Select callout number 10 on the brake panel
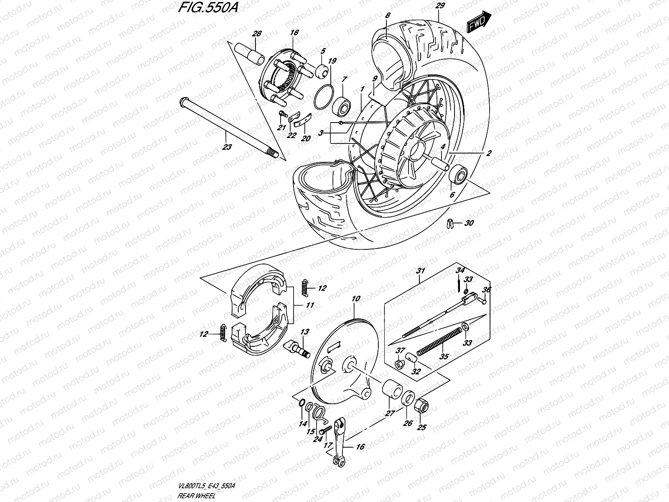tap(356, 299)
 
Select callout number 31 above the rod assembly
tap(420, 271)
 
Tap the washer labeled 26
tap(408, 398)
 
